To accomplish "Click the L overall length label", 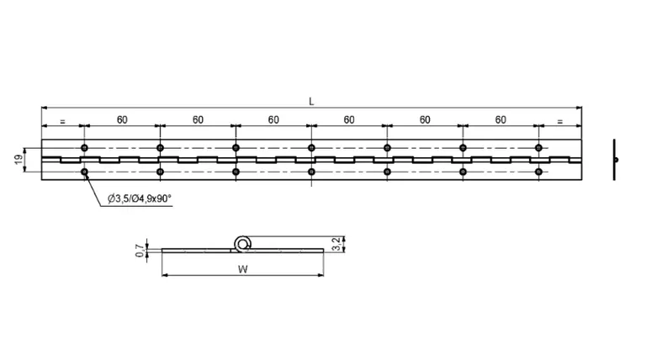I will (x=311, y=101).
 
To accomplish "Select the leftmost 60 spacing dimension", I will (x=122, y=120).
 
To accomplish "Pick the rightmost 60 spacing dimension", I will (x=500, y=120).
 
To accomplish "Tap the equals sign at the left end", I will (x=62, y=122).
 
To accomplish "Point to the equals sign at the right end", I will (x=559, y=122).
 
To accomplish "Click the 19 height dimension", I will (x=19, y=160).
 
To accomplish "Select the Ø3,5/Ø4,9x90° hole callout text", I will (x=140, y=199).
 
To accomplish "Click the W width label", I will (x=242, y=269).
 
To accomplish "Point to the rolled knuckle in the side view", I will (x=243, y=245).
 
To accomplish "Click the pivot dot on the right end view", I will (x=616, y=160).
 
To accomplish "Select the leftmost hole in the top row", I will (x=84, y=148).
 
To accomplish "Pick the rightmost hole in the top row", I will (x=538, y=148).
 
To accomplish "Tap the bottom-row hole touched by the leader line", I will (x=84, y=172).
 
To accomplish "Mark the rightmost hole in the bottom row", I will (x=538, y=172).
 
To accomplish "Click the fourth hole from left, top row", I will (x=311, y=148).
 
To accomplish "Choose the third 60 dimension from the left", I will (x=273, y=120).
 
